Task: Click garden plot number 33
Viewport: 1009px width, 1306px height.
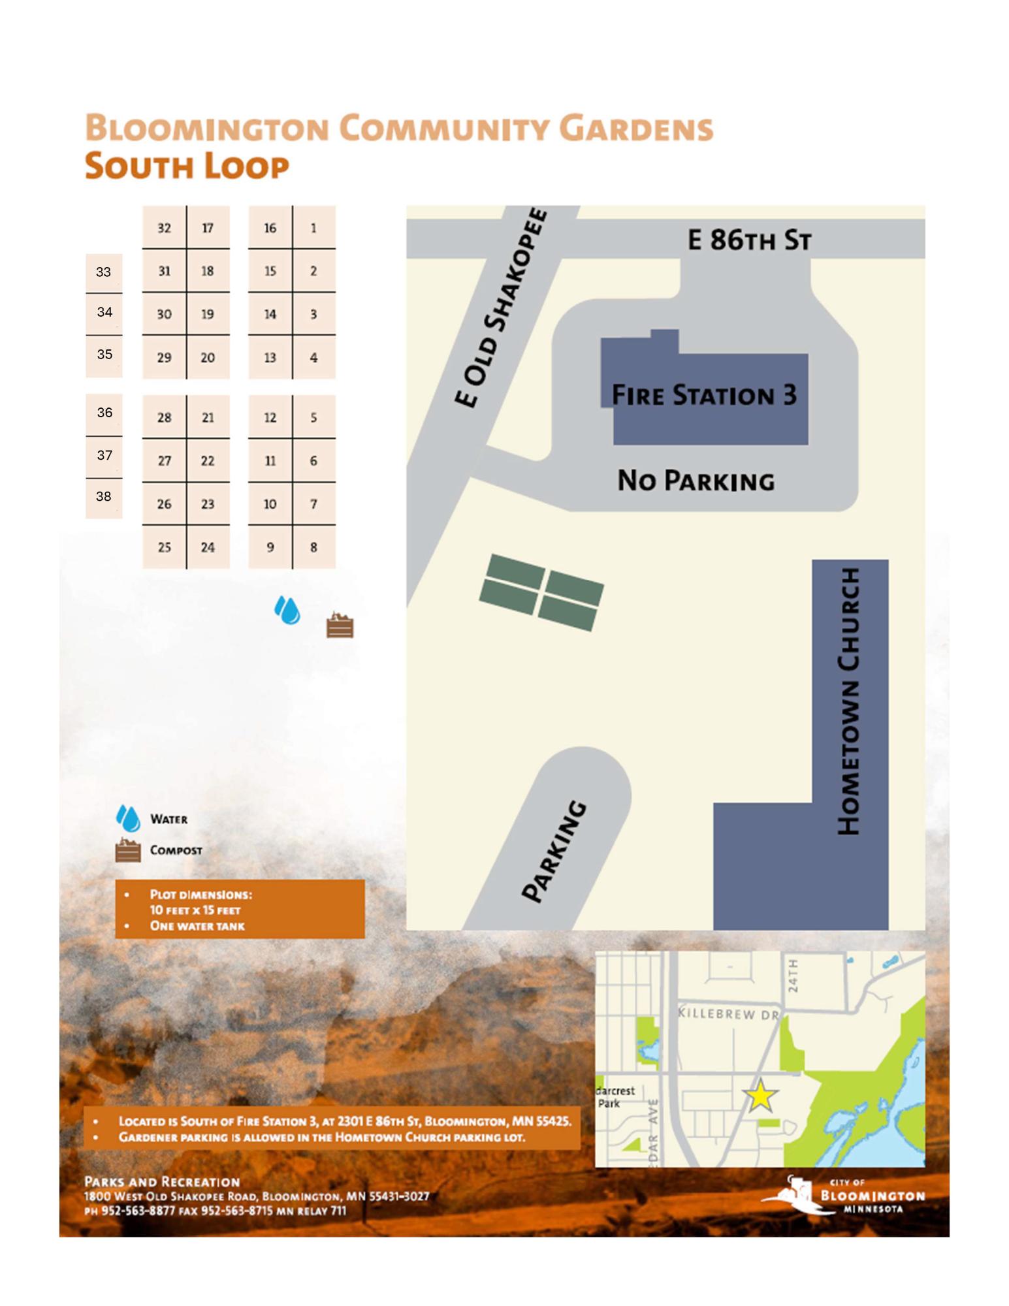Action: coord(103,272)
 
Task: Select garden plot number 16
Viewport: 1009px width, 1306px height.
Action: coord(270,228)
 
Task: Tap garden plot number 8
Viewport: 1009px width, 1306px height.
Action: coord(313,547)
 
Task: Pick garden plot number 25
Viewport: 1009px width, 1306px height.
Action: coord(164,547)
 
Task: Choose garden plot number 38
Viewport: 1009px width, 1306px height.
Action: coord(103,496)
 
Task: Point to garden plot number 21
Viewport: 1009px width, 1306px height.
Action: coord(208,417)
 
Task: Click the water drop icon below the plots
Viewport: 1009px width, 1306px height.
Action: coord(287,610)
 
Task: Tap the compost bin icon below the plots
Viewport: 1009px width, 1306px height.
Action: coord(340,626)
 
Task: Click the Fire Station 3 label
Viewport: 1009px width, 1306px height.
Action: coord(704,395)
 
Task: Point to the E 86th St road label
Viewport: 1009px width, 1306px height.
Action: coord(749,240)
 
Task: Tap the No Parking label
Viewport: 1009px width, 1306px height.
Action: coord(696,481)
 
